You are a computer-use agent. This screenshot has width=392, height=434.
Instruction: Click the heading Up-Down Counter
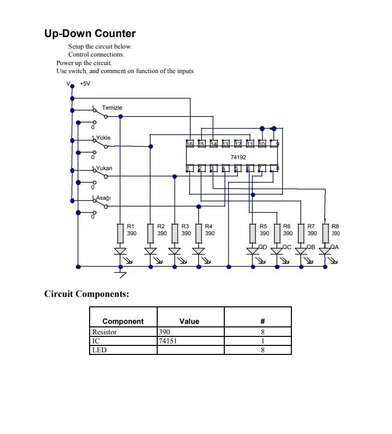tap(90, 34)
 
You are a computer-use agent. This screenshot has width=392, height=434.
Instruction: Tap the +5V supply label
tap(85, 84)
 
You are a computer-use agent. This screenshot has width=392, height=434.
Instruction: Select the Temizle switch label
tap(112, 108)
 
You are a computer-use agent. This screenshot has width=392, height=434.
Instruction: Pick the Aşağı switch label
tap(103, 198)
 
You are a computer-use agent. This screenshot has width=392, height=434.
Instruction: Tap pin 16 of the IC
tap(190, 144)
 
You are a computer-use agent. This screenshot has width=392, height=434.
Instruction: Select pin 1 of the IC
tap(190, 169)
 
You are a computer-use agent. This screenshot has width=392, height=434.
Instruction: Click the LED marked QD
tap(253, 251)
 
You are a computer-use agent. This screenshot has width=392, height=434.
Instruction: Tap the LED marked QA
tap(325, 251)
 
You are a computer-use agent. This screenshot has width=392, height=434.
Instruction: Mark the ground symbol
tap(120, 273)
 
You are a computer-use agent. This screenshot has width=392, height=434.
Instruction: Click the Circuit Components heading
tap(87, 294)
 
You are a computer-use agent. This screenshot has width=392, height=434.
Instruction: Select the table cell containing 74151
tap(190, 340)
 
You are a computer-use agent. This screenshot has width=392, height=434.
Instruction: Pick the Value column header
tap(189, 321)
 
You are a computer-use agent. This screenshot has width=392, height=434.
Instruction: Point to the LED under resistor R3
tap(174, 251)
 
